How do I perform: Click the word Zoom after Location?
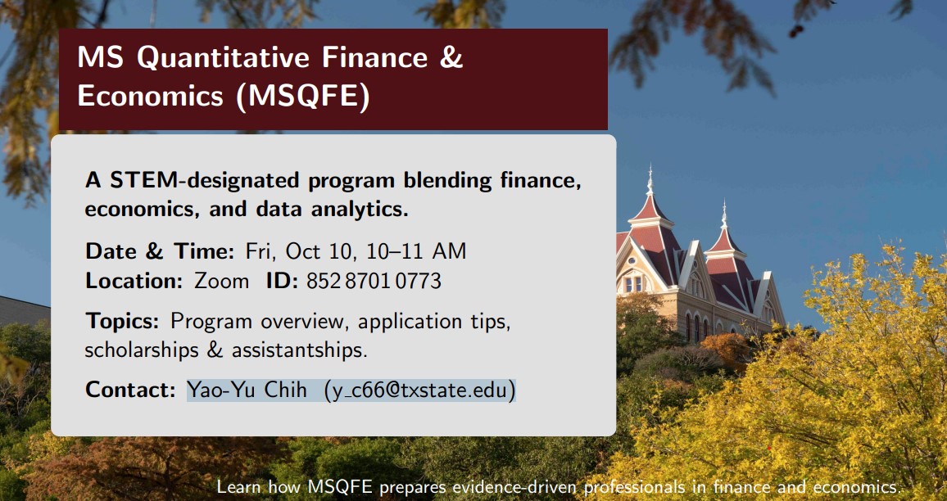(221, 282)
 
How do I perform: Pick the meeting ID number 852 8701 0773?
(374, 282)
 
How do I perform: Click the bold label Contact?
(130, 390)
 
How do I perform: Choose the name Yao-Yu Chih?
(247, 390)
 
